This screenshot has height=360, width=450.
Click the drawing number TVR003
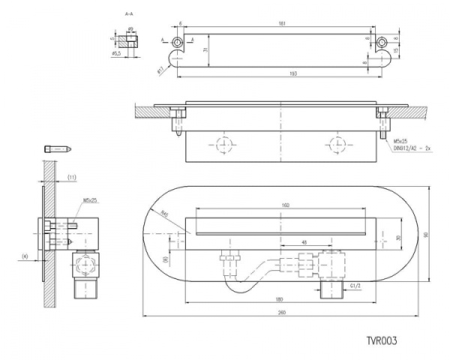coord(381,340)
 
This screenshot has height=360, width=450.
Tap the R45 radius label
coord(163,214)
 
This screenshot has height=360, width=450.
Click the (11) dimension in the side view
coord(72,176)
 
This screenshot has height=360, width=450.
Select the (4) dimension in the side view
coord(25,256)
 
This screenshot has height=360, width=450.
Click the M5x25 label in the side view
coord(91,200)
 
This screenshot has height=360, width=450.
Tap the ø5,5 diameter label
coord(116,54)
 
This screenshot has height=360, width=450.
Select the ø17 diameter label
coord(160,70)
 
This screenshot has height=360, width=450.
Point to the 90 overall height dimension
coord(426,235)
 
